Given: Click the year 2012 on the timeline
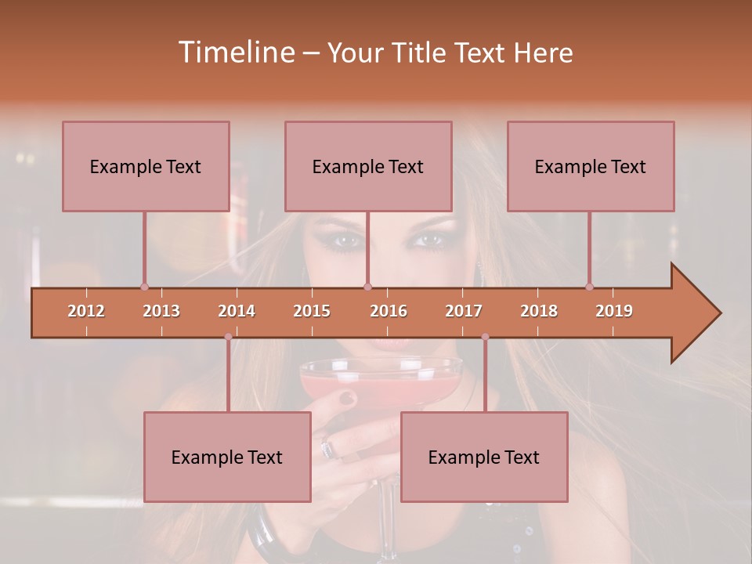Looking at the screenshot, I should [86, 311].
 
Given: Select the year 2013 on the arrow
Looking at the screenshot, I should [161, 311].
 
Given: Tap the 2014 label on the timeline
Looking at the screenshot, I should [237, 311].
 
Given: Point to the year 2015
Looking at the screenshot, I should [312, 311].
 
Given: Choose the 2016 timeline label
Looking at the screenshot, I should [389, 311].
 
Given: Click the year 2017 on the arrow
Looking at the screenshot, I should [464, 311].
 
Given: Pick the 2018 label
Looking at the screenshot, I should [539, 311].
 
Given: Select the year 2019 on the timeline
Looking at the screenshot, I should [614, 311].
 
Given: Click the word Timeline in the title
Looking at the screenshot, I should [235, 52].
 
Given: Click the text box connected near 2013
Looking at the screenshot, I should [146, 166].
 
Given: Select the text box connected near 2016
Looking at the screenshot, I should [368, 166].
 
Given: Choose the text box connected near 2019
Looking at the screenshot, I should [591, 166].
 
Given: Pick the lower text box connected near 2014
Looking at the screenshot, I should [227, 457].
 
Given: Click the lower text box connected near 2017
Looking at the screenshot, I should [484, 457].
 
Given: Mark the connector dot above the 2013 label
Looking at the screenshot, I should [144, 287].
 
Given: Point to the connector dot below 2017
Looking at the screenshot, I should [485, 337].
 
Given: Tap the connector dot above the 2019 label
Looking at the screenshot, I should [589, 287].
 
